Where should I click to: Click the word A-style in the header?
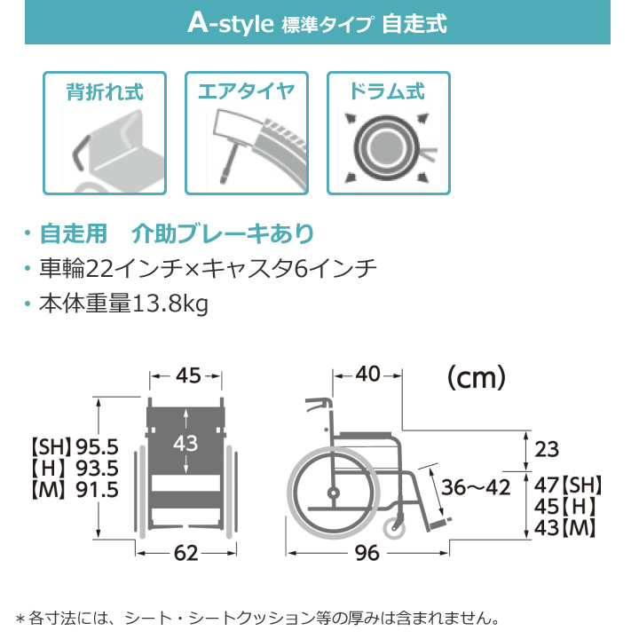pos(230,23)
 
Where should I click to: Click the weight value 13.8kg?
pos(170,304)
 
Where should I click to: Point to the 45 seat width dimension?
pos(188,375)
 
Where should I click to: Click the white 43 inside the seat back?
pos(185,443)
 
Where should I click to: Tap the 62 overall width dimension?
pos(185,553)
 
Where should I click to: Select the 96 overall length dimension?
pos(367,553)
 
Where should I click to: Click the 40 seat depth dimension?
pos(368,375)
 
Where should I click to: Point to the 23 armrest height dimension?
pos(547,449)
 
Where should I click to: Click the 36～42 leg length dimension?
pos(476,487)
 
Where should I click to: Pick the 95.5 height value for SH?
pos(98,447)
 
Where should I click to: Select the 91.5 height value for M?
pos(98,490)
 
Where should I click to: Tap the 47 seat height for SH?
pos(547,485)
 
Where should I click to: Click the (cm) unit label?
pos(477,378)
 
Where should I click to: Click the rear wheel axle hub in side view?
pos(333,493)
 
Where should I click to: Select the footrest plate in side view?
pos(440,523)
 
